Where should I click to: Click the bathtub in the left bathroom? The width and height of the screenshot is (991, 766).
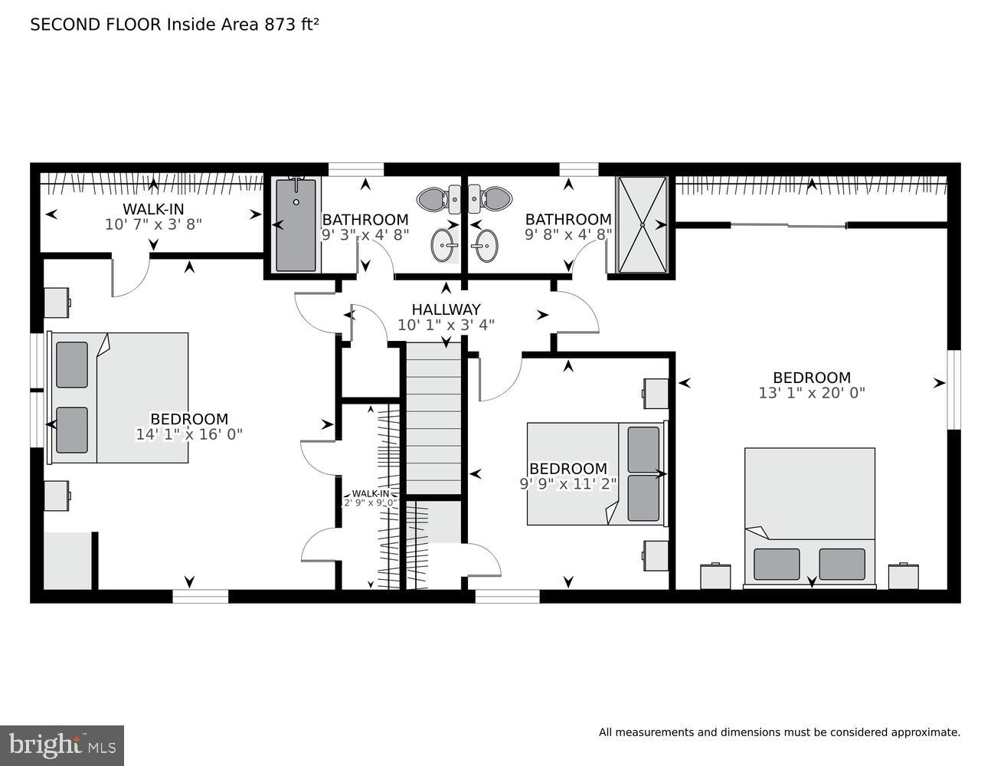[x=296, y=224]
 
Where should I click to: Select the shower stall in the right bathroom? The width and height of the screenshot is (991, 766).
[x=642, y=224]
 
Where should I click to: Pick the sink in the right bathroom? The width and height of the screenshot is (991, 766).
[x=483, y=246]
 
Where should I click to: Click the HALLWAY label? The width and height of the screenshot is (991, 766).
[x=446, y=309]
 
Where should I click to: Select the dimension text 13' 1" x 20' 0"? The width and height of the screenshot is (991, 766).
[x=811, y=393]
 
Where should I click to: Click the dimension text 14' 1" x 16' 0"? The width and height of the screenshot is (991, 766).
[x=188, y=434]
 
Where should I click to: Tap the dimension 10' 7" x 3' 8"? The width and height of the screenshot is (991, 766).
[x=153, y=224]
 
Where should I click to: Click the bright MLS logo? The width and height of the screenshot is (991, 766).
[x=62, y=745]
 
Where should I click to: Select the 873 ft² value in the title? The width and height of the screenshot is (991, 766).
[x=291, y=25]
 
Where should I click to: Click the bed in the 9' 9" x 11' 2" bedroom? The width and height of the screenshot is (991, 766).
[x=595, y=473]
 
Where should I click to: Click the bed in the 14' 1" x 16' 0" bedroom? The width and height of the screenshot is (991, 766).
[x=119, y=398]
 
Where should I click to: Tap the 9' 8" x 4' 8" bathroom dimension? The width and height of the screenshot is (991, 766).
[x=568, y=235]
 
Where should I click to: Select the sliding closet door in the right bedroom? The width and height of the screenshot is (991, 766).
[x=789, y=225]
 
